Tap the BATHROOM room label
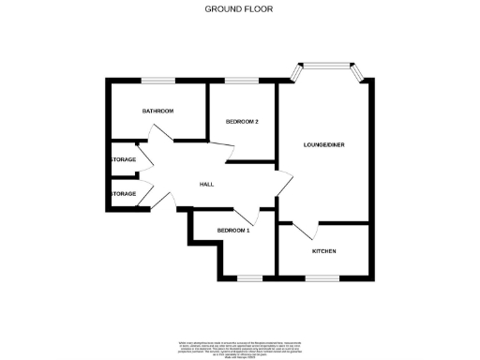pos(157,112)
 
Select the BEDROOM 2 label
pos(242,122)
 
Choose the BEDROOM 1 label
pos(233,231)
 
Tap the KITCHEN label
pos(323,251)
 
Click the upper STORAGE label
pos(124,160)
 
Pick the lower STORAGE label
pos(124,194)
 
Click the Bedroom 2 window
pos(242,81)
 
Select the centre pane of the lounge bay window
pos(327,65)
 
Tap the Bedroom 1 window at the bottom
pos(247,278)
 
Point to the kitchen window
pos(323,278)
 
